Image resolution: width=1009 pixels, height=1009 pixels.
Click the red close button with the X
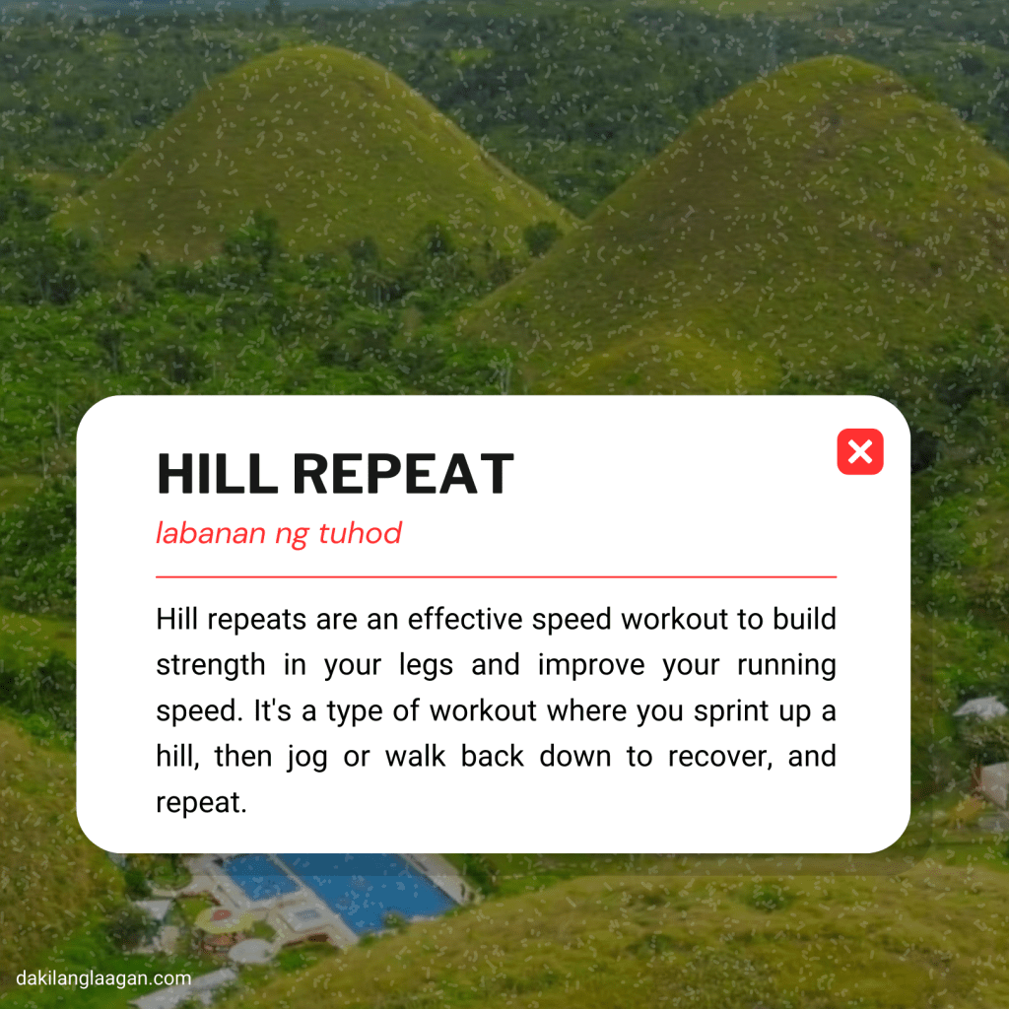(x=859, y=452)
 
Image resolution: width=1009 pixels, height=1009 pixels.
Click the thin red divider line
(x=496, y=576)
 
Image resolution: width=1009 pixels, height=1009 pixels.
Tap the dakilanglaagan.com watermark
(x=102, y=978)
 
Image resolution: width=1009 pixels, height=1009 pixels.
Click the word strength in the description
(x=210, y=665)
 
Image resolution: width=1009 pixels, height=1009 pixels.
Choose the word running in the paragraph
(x=786, y=666)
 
